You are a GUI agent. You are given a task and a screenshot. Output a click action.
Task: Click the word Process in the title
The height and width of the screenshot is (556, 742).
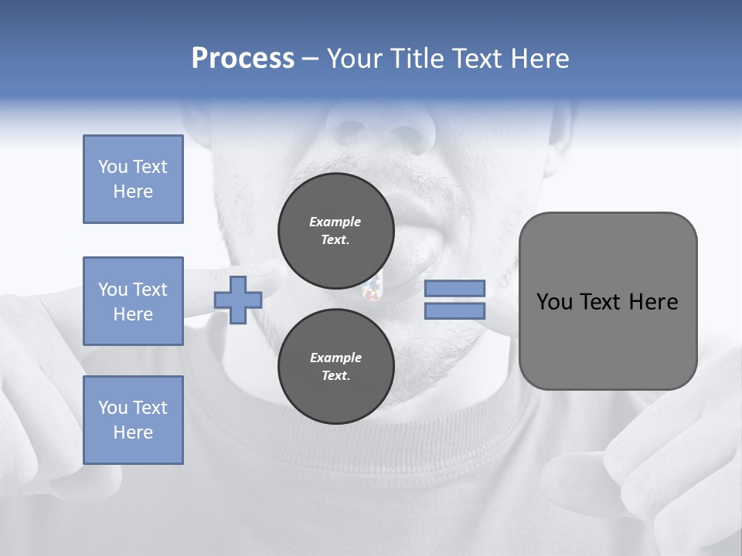point(243,59)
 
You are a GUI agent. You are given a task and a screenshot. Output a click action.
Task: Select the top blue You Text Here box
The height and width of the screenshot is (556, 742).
point(133,179)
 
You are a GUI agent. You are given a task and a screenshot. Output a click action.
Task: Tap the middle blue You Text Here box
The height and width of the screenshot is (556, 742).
point(133,301)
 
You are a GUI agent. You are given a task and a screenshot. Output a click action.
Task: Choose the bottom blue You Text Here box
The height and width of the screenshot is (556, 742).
point(133,420)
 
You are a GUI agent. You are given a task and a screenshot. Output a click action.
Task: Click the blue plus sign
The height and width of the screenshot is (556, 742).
point(238,300)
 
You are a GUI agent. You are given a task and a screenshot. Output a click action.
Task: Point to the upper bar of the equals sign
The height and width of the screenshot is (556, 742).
point(454,288)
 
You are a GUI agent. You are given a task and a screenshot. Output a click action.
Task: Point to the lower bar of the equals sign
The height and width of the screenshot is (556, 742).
point(454,311)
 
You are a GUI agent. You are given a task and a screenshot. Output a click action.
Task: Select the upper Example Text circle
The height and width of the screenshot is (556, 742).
point(335,230)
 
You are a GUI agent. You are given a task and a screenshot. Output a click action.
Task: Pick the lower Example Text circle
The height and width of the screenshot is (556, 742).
point(335,366)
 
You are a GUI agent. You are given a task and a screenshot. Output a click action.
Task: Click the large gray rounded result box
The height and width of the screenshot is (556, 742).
point(608,301)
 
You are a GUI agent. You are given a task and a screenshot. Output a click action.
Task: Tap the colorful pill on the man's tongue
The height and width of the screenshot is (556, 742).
point(373,291)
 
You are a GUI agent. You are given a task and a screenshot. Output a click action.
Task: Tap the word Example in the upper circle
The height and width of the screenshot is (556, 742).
point(335,222)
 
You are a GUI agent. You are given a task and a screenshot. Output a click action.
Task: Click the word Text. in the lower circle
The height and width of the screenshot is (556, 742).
point(335,376)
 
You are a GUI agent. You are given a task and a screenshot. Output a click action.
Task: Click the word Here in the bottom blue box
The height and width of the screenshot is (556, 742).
point(133,432)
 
